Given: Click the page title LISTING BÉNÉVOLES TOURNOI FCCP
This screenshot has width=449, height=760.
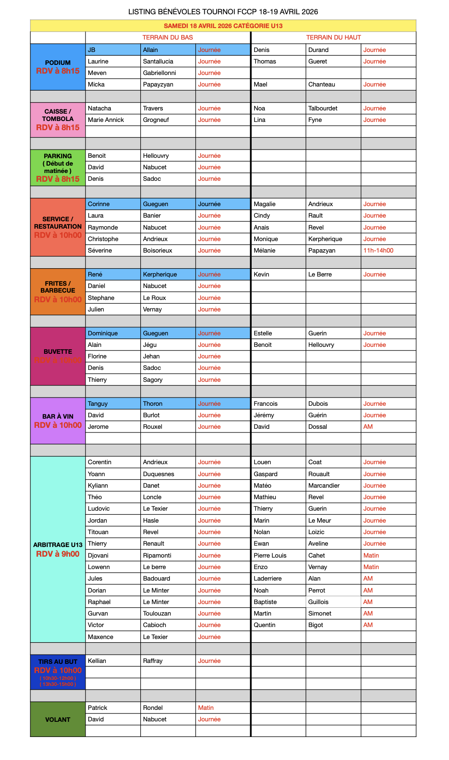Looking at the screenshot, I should pyautogui.click(x=223, y=12).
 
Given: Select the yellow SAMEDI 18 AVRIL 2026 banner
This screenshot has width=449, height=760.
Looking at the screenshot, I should pyautogui.click(x=223, y=26).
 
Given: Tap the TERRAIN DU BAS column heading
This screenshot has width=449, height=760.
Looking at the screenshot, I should pyautogui.click(x=167, y=38).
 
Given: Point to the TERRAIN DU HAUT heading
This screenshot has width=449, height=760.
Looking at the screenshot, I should pyautogui.click(x=334, y=38).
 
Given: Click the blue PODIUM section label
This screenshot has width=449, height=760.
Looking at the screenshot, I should pyautogui.click(x=58, y=67).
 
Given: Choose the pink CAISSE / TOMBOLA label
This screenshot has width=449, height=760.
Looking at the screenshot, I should pyautogui.click(x=58, y=119).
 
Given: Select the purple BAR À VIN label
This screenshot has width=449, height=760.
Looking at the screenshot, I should pyautogui.click(x=58, y=420).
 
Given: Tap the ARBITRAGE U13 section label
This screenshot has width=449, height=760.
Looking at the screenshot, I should pyautogui.click(x=58, y=549).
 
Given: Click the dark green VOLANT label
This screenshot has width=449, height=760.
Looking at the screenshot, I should pyautogui.click(x=58, y=720).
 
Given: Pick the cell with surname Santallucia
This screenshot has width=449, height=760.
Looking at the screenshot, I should pyautogui.click(x=158, y=62).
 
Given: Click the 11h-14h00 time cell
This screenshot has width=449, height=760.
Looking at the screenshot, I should pyautogui.click(x=378, y=251).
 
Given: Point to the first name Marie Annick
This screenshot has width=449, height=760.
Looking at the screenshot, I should pyautogui.click(x=106, y=120).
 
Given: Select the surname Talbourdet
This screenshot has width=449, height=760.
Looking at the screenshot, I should pyautogui.click(x=323, y=109).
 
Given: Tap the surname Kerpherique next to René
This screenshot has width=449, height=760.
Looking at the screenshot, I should pyautogui.click(x=160, y=275).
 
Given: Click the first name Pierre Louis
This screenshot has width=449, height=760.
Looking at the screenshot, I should pyautogui.click(x=270, y=556).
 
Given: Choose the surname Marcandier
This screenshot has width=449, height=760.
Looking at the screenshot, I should pyautogui.click(x=324, y=486).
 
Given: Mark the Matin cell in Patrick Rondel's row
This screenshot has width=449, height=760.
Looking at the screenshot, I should pyautogui.click(x=206, y=708).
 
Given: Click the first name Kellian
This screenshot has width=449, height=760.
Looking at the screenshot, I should pyautogui.click(x=97, y=661).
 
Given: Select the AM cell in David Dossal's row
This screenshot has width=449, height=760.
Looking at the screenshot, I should pyautogui.click(x=368, y=427).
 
